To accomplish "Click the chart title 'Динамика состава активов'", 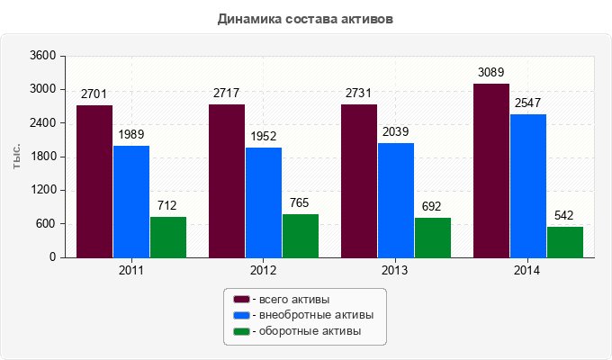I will point(305,18).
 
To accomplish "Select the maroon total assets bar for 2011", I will point(94,181).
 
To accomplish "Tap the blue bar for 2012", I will point(264,202).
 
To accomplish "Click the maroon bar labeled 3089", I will point(491,170).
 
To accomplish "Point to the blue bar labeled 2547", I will point(528,185).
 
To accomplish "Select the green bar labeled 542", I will point(565,242).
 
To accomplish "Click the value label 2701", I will point(94,94).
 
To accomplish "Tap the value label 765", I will point(300,202).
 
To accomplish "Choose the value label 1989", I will point(131,134).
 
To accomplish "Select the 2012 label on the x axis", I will point(264,270).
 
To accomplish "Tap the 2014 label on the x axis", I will point(528,270).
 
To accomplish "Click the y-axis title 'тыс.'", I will point(17,157).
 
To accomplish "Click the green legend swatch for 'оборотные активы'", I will point(241,332).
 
